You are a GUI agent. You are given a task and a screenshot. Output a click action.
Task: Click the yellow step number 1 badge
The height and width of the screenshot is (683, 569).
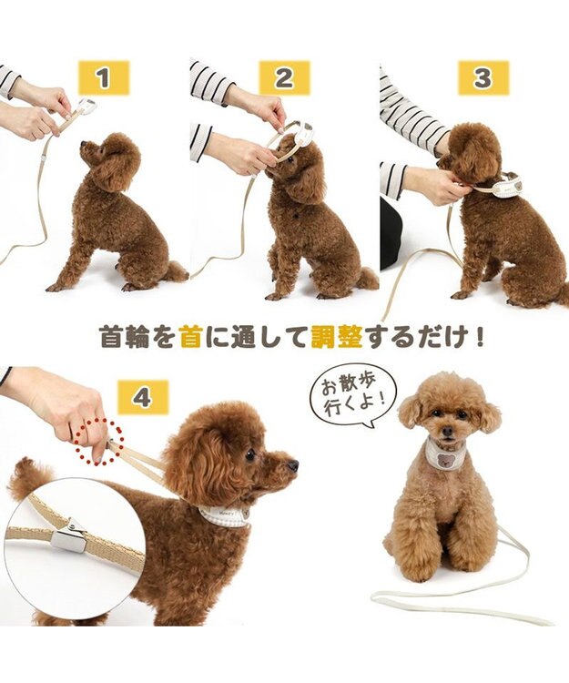click(x=102, y=78)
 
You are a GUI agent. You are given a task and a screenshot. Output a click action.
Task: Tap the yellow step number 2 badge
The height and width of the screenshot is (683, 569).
click(x=284, y=78)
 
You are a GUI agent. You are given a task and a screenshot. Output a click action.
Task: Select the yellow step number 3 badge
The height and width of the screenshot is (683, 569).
click(x=483, y=78)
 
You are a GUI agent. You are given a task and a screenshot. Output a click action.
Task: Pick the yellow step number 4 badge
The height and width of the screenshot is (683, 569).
click(x=143, y=397)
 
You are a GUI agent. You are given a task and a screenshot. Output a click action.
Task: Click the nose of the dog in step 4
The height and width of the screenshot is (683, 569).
click(x=293, y=465)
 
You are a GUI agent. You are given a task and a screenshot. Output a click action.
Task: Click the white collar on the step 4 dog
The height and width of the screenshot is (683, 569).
click(x=224, y=515)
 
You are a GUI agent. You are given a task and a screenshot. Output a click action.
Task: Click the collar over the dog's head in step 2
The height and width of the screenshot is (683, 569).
click(x=293, y=137)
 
